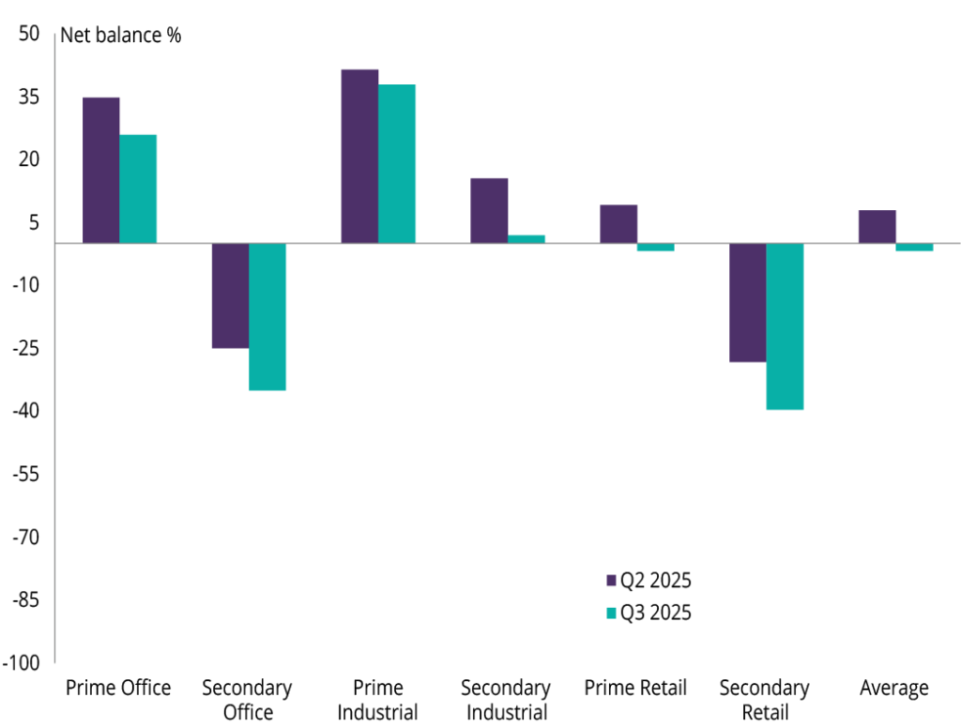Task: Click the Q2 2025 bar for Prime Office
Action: (x=101, y=170)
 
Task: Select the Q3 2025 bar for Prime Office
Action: (x=138, y=189)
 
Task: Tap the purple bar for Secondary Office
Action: (x=230, y=295)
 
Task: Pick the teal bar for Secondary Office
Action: (x=267, y=316)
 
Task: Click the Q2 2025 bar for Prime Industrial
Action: (x=359, y=156)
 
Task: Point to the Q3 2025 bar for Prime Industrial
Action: (x=397, y=163)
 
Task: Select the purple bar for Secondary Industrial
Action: (x=489, y=210)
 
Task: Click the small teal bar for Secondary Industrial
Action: (x=526, y=239)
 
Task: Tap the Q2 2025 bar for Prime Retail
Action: (x=618, y=223)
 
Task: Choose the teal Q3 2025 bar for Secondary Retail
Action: (x=786, y=326)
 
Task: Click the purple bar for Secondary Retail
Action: (x=748, y=302)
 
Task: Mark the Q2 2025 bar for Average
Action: (x=877, y=226)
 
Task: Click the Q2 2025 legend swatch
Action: (x=612, y=580)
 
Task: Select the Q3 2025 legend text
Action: (x=656, y=613)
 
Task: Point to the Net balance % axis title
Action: (x=121, y=37)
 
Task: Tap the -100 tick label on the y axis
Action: (x=23, y=663)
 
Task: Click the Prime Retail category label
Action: (x=635, y=689)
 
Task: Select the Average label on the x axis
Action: (x=894, y=689)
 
